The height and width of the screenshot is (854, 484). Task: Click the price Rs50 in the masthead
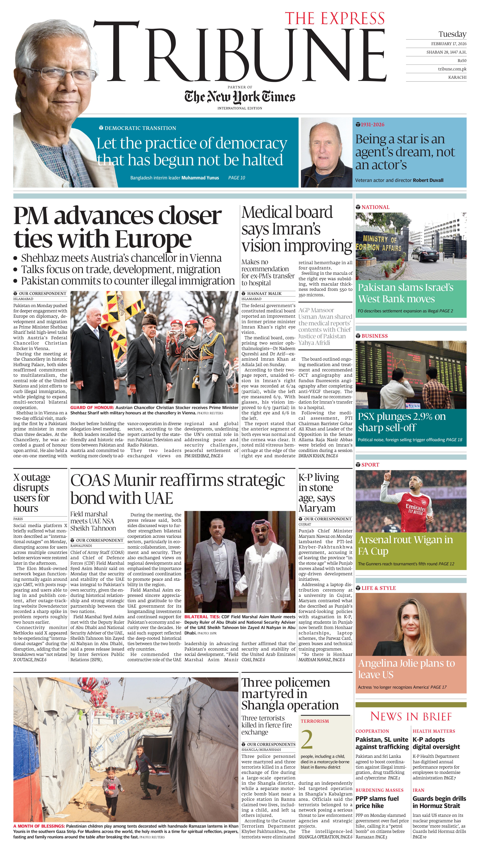[462, 61]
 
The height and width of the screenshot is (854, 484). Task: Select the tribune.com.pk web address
[452, 69]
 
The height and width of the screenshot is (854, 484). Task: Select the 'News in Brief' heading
[411, 716]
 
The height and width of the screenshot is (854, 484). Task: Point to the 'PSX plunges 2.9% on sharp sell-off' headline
[402, 422]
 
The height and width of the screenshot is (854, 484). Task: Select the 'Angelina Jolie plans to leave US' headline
[406, 669]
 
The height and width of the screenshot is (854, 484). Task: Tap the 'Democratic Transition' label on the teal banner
[140, 128]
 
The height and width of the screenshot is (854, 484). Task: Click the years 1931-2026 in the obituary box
[372, 125]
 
